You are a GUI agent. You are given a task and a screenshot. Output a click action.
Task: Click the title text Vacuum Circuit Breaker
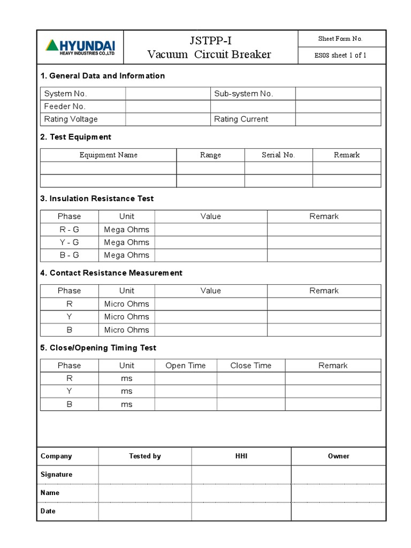point(209,55)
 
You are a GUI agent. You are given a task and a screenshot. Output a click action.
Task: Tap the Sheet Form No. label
point(340,39)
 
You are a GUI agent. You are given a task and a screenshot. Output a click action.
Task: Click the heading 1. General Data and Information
point(102,76)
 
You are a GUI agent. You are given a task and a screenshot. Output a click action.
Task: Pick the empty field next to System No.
point(168,94)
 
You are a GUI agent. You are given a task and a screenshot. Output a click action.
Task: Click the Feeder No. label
point(65,106)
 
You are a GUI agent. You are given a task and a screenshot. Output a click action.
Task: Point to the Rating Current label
point(241,119)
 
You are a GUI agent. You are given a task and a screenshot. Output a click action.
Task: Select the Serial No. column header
point(278,155)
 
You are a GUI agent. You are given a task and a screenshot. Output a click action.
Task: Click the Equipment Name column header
point(109,155)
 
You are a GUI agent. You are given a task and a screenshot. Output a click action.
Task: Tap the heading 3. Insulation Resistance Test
point(97,199)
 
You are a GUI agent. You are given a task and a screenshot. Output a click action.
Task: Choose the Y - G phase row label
point(69,242)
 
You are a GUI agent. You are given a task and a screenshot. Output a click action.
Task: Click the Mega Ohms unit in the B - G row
point(127,255)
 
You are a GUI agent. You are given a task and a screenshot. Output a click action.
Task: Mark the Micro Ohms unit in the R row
point(127,304)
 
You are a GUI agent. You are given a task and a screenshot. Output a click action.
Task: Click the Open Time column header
point(186,366)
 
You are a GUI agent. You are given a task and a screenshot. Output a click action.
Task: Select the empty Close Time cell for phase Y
point(250,391)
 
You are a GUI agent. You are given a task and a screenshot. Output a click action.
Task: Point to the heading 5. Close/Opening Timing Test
point(98,348)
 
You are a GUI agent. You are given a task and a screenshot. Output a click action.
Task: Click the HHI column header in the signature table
point(241,456)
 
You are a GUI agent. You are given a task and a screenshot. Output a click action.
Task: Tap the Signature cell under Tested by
point(145,475)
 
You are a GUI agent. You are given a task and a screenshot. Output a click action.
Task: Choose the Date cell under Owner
point(338,511)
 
